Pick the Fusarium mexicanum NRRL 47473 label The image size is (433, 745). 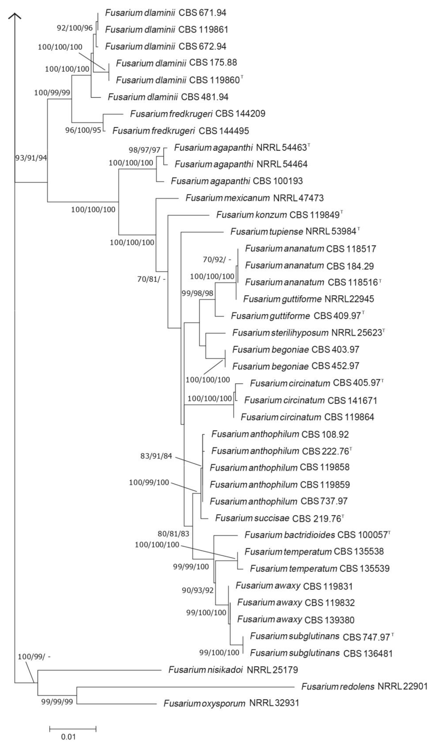pos(254,198)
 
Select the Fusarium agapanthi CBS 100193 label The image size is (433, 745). pos(237,181)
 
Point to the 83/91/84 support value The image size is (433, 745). pos(156,456)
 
